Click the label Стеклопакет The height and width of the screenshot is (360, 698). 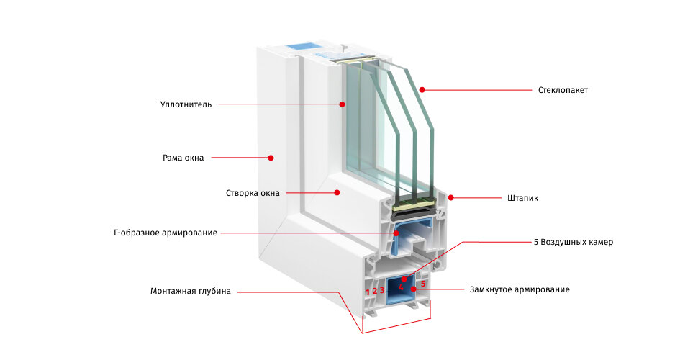point(563,90)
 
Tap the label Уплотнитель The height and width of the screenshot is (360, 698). point(186,104)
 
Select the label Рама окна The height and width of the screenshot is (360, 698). point(183,158)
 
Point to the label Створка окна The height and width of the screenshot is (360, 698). point(253,194)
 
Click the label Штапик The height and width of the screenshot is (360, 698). point(522,198)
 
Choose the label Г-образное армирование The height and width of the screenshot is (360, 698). point(166,233)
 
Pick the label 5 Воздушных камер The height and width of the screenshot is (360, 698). point(574,243)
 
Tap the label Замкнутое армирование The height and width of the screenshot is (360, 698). point(520,289)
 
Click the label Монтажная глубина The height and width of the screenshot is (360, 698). point(191,292)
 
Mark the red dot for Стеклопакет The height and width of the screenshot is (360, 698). point(422,90)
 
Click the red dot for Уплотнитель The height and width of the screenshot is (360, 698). point(342,104)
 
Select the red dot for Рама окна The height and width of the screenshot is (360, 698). point(271,158)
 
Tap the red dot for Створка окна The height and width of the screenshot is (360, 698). point(337,192)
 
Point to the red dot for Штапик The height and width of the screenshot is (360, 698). point(451,198)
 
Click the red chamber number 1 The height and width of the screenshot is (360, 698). point(368,292)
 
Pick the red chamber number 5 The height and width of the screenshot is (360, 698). point(423,284)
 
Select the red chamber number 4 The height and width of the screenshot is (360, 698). point(401,287)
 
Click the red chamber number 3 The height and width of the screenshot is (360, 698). point(382,291)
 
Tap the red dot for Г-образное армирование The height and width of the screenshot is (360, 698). point(396,233)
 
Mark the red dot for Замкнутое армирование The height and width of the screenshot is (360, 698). point(414,289)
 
